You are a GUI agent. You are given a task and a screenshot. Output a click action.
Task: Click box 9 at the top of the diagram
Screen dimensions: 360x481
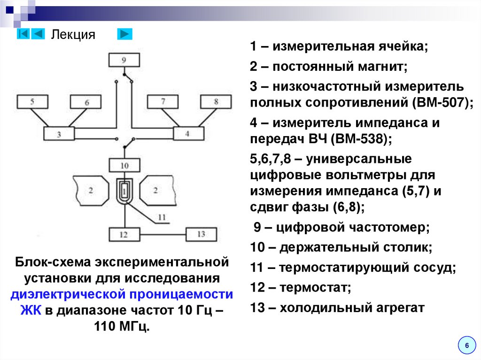click(124, 60)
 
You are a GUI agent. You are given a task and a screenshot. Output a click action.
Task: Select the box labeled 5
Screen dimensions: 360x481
click(32, 102)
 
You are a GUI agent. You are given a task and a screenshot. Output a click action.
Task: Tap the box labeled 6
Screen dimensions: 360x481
click(86, 102)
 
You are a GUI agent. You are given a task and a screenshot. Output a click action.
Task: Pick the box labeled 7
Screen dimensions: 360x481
click(163, 102)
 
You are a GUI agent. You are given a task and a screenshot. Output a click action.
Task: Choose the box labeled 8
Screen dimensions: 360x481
click(216, 102)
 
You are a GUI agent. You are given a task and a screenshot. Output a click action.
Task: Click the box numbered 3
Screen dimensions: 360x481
click(59, 134)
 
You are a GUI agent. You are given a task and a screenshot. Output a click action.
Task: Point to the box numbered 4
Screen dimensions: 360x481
click(188, 134)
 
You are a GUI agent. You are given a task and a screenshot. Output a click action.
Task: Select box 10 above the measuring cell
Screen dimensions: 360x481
click(124, 165)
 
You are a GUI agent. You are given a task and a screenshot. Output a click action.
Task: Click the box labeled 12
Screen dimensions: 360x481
click(124, 234)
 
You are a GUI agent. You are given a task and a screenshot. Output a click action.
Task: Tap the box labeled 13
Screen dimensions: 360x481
click(202, 234)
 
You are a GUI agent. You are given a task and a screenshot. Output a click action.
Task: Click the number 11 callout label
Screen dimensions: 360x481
click(162, 217)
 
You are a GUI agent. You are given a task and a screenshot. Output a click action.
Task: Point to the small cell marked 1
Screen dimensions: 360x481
click(124, 190)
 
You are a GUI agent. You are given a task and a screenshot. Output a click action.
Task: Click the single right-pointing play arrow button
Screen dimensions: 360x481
click(124, 34)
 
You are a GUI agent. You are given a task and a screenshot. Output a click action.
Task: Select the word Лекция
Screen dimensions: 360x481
click(73, 35)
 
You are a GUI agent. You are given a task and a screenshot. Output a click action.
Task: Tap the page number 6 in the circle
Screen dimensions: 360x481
click(466, 345)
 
